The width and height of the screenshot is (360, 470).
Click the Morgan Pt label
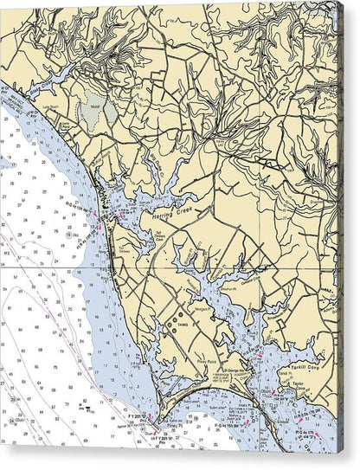click(x=200, y=305)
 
